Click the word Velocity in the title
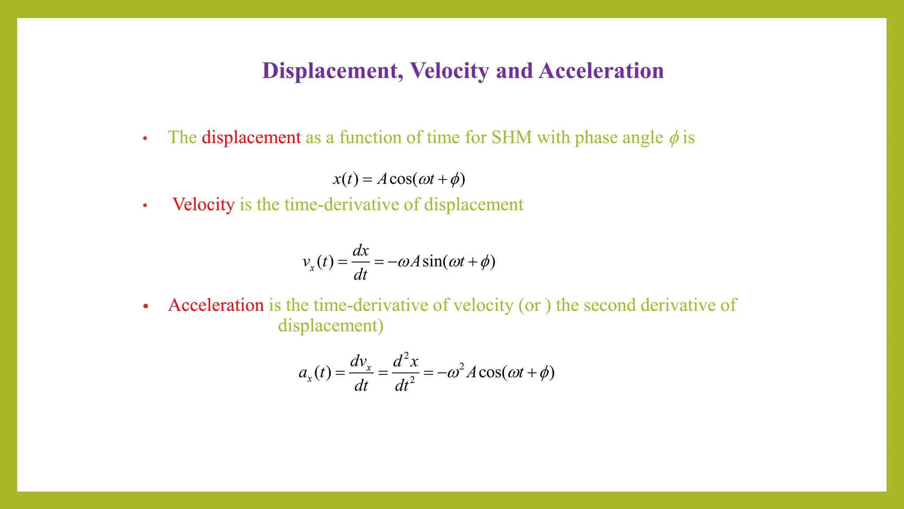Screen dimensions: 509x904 449,71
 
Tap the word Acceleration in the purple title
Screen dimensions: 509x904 601,71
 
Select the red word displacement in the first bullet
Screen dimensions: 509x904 251,137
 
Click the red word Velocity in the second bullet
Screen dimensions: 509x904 203,205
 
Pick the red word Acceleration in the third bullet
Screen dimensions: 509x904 216,305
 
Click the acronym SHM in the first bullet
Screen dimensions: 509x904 512,137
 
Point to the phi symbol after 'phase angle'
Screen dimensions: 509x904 674,138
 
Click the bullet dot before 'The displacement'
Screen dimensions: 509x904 145,139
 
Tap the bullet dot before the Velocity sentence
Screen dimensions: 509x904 145,205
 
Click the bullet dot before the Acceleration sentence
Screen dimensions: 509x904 146,306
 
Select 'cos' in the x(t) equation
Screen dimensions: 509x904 400,179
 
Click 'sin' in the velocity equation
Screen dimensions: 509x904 432,262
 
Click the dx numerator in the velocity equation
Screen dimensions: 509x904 360,251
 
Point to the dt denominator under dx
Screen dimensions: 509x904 360,275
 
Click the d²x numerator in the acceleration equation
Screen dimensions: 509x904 405,361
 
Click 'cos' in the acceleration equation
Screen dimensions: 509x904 490,372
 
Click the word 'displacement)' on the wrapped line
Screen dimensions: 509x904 331,326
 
